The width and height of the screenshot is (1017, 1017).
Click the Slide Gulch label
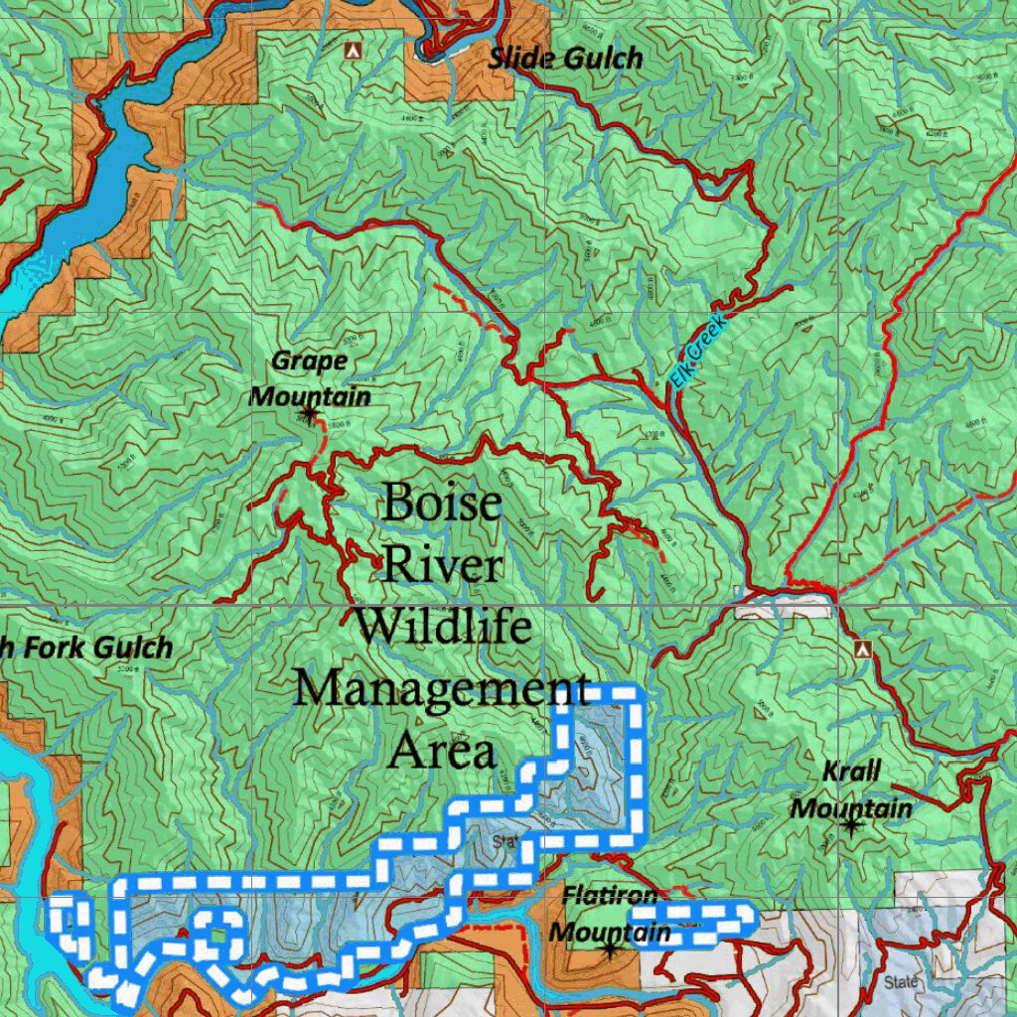(565, 59)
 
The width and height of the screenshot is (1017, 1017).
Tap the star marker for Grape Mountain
(309, 412)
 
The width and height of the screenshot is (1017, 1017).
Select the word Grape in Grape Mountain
(309, 361)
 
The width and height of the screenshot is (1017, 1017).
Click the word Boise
(441, 504)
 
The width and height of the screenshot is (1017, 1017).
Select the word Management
(442, 687)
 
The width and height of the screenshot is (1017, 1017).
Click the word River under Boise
(442, 565)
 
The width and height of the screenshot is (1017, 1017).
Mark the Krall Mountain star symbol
(851, 824)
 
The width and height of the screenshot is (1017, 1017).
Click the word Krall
(851, 773)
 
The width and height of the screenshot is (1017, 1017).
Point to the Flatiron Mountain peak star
(609, 949)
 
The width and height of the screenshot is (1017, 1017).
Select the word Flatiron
(610, 896)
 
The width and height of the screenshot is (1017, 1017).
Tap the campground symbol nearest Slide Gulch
(351, 49)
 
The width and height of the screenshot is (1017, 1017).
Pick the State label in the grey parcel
(901, 982)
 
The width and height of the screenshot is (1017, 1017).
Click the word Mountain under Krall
(851, 808)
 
